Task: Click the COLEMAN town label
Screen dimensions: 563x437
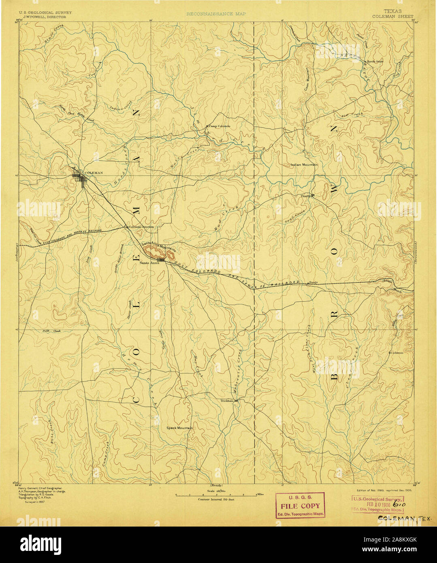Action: click(93, 173)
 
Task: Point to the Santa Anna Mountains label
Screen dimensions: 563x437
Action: click(158, 245)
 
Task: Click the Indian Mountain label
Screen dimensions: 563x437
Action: click(304, 165)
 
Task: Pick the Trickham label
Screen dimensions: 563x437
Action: click(227, 401)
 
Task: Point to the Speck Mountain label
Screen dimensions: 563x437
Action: click(179, 428)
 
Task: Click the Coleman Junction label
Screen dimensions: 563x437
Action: click(141, 227)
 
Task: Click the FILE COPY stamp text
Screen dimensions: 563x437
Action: click(300, 506)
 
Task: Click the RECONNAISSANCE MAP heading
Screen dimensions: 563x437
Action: click(216, 14)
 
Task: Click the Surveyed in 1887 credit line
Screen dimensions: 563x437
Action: click(35, 501)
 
